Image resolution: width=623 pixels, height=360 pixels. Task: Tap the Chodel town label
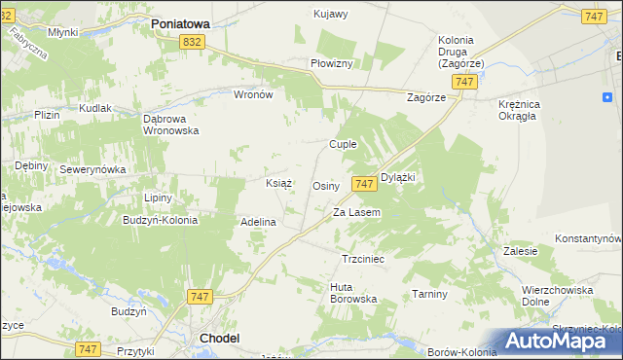[x=219, y=338]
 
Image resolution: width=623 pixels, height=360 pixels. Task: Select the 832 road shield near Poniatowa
[x=192, y=41]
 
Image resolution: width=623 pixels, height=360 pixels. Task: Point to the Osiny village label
[x=325, y=186]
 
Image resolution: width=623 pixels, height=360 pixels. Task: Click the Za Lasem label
[x=356, y=212]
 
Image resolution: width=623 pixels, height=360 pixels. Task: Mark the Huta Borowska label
[x=353, y=293]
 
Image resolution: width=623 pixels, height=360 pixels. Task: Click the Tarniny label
[x=428, y=294]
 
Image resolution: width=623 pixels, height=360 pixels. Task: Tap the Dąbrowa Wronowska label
[x=170, y=124]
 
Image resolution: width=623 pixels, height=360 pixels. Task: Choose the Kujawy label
[x=331, y=14]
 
